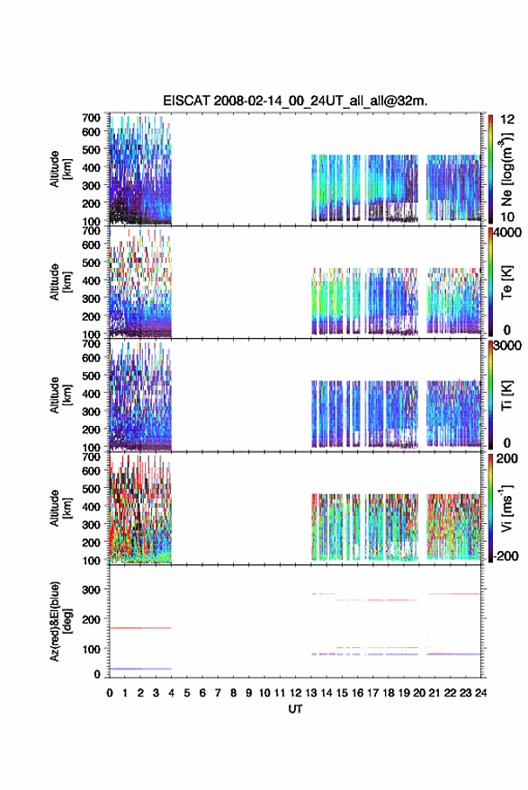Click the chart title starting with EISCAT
coord(295,101)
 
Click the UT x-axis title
coord(295,709)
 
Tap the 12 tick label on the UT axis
coord(295,693)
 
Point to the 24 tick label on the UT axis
coord(480,693)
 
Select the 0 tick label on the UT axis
coord(110,693)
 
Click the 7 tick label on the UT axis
coord(218,693)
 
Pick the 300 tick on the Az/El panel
coord(91,589)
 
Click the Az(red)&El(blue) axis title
coord(59,622)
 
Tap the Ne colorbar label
coord(506,170)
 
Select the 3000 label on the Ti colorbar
coord(507,346)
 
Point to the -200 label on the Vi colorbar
coord(506,555)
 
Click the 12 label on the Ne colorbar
coord(507,120)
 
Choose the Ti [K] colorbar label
coord(506,395)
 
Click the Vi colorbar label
coord(506,508)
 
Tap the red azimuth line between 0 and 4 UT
coord(140,627)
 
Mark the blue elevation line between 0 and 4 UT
coord(140,669)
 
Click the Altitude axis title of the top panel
coord(60,169)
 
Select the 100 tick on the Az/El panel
coord(91,649)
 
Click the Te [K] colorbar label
coord(506,282)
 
